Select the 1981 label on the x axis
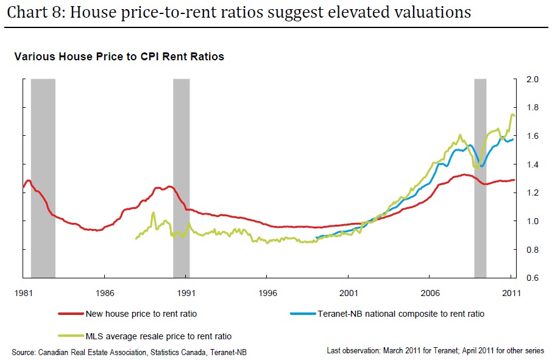[24, 292]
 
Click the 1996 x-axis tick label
[267, 292]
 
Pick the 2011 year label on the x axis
[511, 292]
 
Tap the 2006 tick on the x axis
[430, 292]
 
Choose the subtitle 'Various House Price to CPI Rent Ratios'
[119, 57]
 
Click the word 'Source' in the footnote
[24, 351]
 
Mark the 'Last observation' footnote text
[353, 351]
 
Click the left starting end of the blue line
[316, 237]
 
